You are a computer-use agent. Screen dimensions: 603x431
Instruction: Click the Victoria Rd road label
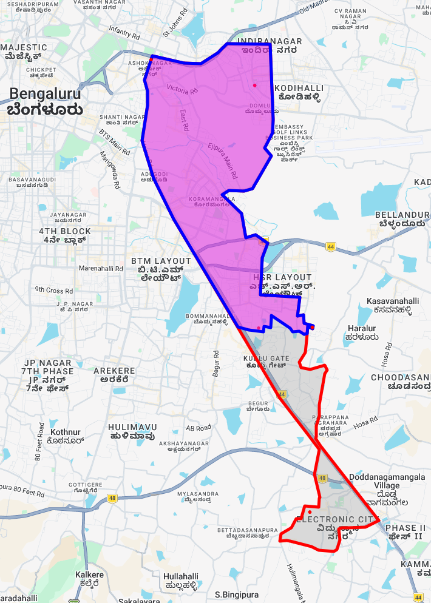[x=185, y=89]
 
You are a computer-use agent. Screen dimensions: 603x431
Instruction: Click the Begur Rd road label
[x=216, y=363]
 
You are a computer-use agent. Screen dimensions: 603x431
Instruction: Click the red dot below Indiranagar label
[x=255, y=85]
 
